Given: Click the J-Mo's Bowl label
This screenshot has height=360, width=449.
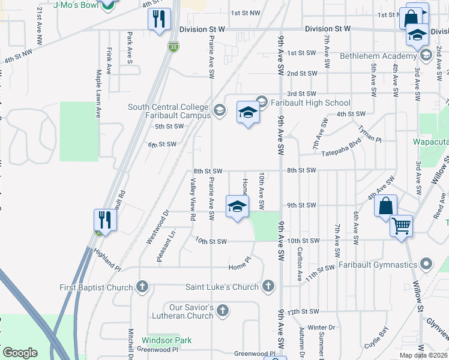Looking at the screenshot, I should coord(75,5).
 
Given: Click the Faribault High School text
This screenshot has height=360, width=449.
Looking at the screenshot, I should coord(310,103).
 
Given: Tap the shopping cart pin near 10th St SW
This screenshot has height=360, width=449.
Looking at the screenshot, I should coord(401,227).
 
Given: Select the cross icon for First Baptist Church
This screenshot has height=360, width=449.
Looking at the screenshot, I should coord(142,287).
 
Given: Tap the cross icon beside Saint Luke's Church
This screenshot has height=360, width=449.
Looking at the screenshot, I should coord(268,287).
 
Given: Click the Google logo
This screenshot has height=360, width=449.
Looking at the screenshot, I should coord(20,353).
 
